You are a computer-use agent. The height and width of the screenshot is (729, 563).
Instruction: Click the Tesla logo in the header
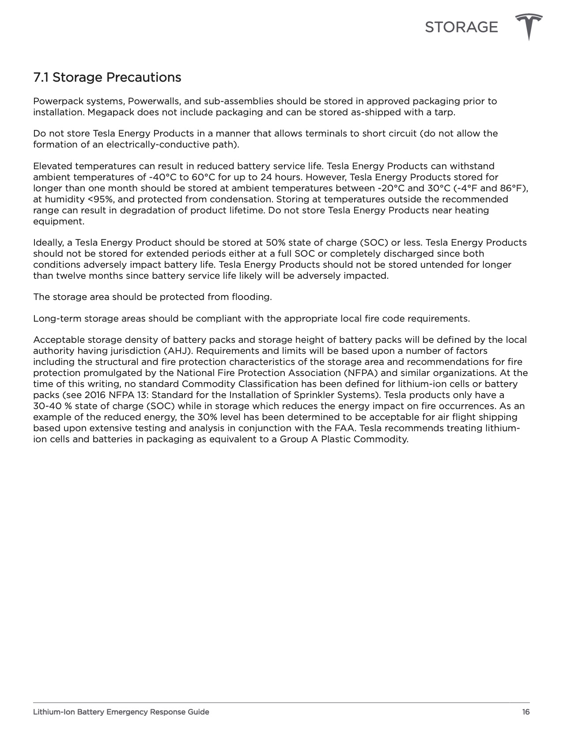coord(529,27)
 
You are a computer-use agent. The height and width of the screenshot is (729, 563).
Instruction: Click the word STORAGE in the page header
coord(461,27)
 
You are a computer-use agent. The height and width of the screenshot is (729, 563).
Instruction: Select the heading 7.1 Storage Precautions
coord(107,77)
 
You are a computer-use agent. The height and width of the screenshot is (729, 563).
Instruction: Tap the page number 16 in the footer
coord(525,712)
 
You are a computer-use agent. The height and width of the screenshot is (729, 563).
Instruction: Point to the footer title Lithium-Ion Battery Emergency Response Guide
coord(121,712)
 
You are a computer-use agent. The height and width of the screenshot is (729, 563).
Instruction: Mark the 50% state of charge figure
coord(274,243)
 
